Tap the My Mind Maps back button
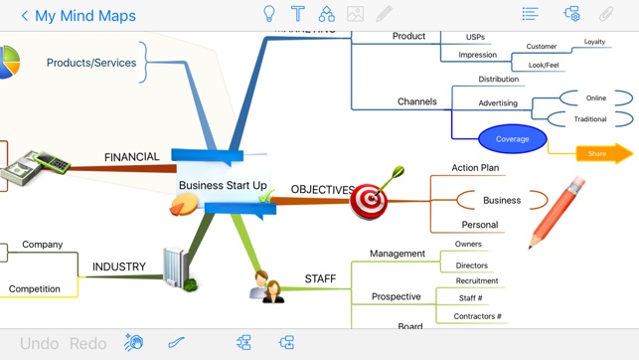click(78, 16)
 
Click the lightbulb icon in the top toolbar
click(268, 14)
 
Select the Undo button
click(40, 343)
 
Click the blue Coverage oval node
click(512, 139)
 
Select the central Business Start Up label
click(223, 185)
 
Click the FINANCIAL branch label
click(131, 157)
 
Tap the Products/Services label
click(91, 63)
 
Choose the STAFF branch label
click(320, 278)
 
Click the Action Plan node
click(475, 168)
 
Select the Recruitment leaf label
click(477, 280)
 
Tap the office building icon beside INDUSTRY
click(180, 269)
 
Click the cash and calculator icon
click(34, 169)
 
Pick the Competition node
click(35, 288)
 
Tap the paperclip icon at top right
click(605, 14)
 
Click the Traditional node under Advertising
click(590, 119)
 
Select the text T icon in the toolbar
click(297, 14)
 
